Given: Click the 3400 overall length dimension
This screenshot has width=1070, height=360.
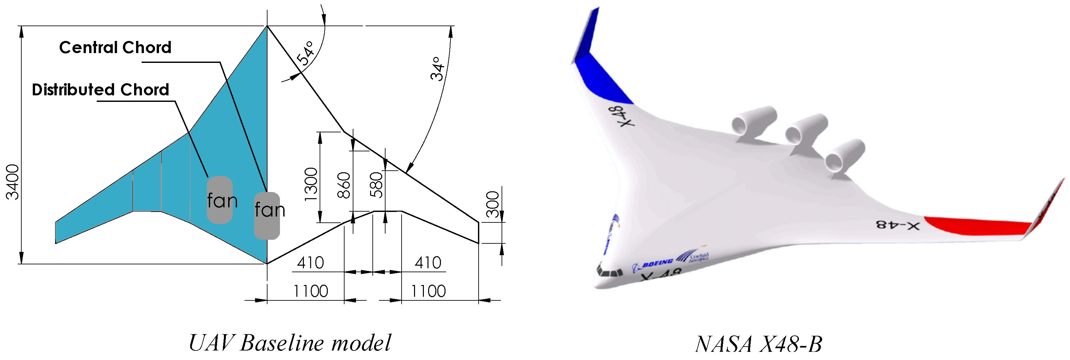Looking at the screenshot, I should coord(12,182).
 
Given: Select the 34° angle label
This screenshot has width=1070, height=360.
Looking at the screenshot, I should coord(437,69).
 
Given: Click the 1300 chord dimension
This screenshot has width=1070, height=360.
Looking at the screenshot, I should coord(311,184).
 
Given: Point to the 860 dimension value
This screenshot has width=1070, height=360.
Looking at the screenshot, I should coord(344,185).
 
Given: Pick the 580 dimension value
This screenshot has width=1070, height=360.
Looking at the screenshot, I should coord(376,185).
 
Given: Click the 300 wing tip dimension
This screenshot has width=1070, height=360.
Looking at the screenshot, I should coord(493,204).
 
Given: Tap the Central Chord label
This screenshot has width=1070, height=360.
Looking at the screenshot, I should coord(115,47).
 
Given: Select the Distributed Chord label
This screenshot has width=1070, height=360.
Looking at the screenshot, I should coord(101,90).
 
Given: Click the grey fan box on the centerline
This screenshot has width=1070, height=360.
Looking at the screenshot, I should coord(267,216).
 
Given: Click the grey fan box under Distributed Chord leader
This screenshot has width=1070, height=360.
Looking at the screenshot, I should coord(220,200).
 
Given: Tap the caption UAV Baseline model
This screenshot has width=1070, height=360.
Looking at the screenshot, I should coord(289,343).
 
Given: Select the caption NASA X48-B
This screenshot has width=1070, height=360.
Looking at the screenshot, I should coord(759,344).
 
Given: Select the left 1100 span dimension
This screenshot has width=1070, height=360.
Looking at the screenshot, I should coord(311,291).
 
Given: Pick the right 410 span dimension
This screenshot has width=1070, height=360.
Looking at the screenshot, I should coord(428,263).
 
